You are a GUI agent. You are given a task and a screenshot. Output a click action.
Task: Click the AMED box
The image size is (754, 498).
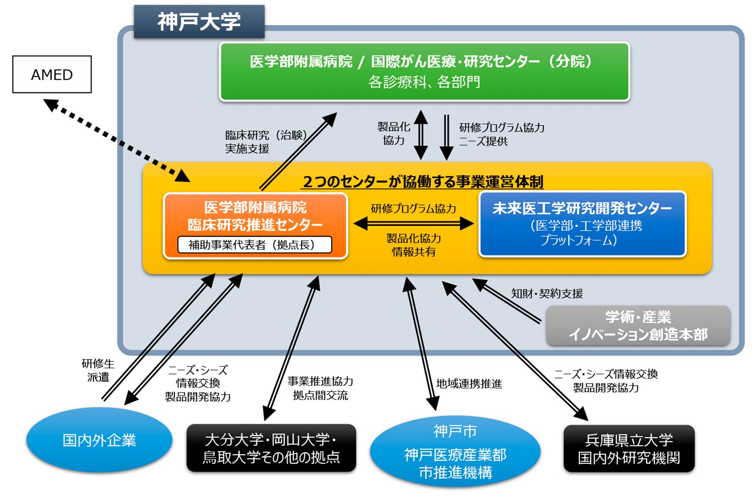click(52, 74)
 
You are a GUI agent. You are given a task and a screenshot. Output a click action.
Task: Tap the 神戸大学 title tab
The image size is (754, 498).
click(199, 21)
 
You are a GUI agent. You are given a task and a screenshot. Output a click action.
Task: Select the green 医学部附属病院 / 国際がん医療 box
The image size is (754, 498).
click(424, 71)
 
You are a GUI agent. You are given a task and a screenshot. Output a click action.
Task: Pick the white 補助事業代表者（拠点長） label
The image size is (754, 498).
click(255, 245)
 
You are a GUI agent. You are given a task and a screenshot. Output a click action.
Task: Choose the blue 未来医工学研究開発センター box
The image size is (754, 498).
click(582, 223)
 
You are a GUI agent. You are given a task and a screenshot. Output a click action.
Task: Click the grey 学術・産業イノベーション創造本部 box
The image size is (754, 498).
click(638, 326)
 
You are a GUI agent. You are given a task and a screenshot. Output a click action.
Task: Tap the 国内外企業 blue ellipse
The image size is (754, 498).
click(99, 440)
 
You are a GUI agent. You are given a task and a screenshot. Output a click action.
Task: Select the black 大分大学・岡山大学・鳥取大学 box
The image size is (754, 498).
click(271, 448)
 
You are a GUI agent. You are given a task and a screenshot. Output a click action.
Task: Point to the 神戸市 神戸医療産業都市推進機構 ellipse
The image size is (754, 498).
click(455, 452)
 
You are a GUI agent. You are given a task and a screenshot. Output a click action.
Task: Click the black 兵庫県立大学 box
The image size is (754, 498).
click(629, 449)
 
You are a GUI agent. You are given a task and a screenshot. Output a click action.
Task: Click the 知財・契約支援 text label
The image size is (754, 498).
click(547, 293)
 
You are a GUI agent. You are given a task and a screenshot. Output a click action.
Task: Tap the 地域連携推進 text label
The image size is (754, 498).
click(469, 384)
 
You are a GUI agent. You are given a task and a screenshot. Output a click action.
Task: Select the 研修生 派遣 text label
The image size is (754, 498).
click(98, 370)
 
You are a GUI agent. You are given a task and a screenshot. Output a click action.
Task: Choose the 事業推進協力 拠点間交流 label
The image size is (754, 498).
click(320, 388)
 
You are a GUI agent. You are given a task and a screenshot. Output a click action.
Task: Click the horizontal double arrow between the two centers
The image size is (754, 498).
click(413, 223)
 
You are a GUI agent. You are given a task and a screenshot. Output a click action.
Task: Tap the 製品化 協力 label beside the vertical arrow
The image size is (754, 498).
click(393, 133)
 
